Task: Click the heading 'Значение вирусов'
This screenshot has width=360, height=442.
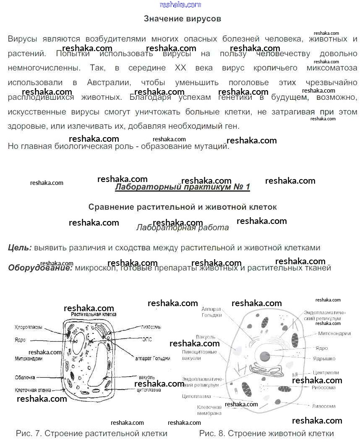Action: tap(182, 19)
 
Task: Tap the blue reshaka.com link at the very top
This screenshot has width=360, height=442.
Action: tap(180, 5)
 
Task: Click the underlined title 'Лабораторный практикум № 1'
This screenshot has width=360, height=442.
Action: tap(182, 187)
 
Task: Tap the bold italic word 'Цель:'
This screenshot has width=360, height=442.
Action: tap(20, 248)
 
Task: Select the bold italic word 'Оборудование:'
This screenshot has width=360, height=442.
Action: tap(40, 268)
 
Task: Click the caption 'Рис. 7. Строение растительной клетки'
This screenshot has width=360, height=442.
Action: tap(91, 433)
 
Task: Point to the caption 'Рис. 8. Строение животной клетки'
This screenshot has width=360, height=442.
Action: tap(266, 433)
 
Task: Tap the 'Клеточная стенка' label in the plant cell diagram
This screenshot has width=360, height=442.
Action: tap(33, 390)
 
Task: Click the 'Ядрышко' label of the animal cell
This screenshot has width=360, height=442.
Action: tap(324, 359)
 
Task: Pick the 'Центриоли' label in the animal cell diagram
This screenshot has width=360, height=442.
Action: tap(326, 372)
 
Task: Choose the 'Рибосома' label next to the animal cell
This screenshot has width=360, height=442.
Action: tap(323, 388)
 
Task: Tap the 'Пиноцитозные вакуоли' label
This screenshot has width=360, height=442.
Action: tap(199, 355)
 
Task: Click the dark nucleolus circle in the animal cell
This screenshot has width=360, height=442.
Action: tap(265, 356)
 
